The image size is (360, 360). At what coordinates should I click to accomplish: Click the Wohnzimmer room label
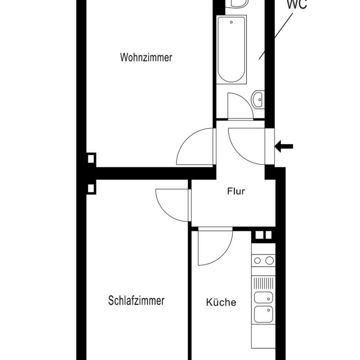point(146,57)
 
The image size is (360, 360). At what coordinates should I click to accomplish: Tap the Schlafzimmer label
point(136,300)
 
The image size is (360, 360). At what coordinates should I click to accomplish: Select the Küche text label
point(221,302)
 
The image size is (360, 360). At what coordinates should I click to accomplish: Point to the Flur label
point(236,191)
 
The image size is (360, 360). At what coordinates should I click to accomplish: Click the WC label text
point(297,4)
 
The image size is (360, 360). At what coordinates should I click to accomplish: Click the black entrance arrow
point(284,146)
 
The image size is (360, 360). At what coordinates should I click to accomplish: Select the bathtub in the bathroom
point(232,50)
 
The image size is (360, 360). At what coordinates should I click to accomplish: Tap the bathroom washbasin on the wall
point(258,99)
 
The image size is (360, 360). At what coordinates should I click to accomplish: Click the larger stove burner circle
point(270,260)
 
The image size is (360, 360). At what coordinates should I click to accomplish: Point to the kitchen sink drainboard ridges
point(264,283)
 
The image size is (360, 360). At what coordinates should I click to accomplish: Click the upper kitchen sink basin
point(264,298)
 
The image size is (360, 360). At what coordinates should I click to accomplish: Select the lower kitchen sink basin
point(264,314)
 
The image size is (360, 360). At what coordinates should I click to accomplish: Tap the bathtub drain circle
point(232,22)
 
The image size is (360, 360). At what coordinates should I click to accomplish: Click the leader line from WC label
point(276,36)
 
